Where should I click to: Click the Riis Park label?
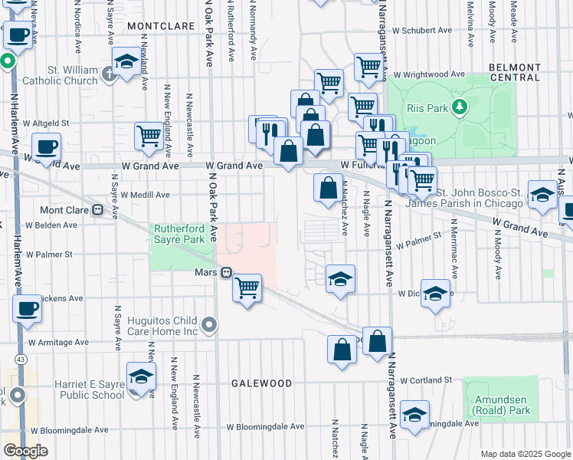[427, 108]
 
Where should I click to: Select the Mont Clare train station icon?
[97, 210]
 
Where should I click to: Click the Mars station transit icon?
[227, 272]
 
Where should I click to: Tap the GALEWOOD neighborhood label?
[263, 383]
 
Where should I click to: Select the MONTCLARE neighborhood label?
[161, 25]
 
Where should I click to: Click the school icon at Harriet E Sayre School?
[142, 377]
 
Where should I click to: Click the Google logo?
[25, 451]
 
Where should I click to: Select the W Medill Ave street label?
[143, 195]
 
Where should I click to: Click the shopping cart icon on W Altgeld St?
[149, 136]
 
